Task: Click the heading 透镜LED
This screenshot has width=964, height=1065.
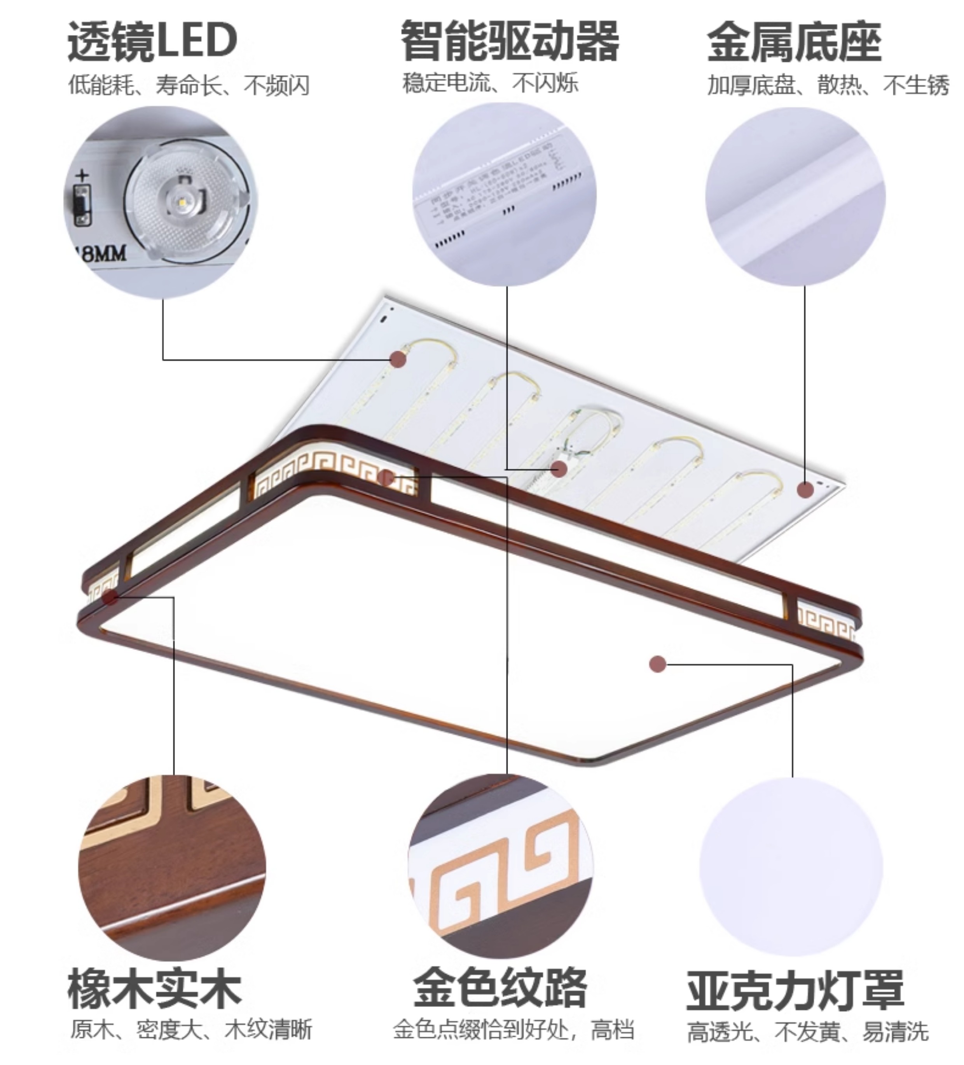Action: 152,41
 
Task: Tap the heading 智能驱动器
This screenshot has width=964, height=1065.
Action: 509,41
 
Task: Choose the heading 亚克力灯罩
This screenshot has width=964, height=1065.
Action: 795,990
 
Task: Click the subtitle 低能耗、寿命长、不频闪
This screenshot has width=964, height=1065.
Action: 189,85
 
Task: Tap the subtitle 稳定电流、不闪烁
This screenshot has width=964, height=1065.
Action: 490,83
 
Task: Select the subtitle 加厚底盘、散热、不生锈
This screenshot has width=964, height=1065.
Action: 828,85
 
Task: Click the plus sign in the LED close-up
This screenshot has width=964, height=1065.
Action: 82,175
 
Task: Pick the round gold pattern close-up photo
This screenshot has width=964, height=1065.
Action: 501,866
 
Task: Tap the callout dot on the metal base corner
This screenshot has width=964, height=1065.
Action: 805,490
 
